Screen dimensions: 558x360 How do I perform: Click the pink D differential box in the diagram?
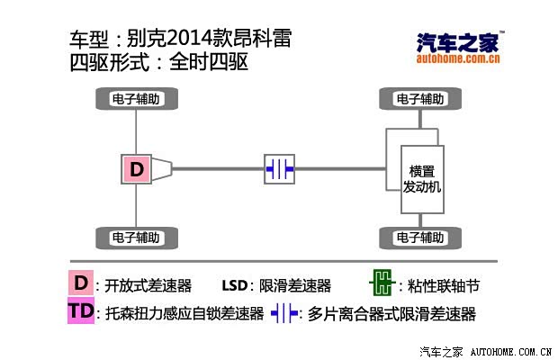[x=136, y=169]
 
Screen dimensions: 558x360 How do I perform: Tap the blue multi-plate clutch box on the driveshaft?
[x=279, y=169]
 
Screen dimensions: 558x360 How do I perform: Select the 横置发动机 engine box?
[x=422, y=179]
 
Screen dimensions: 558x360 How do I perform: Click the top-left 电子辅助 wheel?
[x=137, y=98]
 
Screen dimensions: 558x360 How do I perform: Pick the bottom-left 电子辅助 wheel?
[x=137, y=238]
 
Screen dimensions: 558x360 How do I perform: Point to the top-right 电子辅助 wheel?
[x=420, y=98]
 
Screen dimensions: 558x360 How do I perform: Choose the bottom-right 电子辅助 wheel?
[x=420, y=238]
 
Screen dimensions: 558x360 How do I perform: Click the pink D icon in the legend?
[x=81, y=283]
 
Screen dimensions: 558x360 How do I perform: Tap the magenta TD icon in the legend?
[x=81, y=310]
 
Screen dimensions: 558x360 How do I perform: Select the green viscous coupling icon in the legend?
[x=382, y=283]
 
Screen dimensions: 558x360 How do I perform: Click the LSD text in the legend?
[x=235, y=285]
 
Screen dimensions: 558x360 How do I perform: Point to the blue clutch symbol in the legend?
[x=284, y=313]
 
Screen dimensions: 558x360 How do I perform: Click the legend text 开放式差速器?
[x=148, y=285]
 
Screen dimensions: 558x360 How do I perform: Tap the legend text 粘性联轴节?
[x=444, y=285]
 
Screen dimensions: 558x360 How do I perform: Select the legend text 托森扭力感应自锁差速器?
[x=184, y=314]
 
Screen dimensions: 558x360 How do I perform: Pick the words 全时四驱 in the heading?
[x=209, y=62]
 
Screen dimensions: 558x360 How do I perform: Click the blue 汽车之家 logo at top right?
[x=458, y=43]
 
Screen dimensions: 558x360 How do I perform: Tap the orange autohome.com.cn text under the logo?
[x=458, y=58]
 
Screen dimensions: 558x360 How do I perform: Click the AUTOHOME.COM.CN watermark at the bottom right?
[x=511, y=352]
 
